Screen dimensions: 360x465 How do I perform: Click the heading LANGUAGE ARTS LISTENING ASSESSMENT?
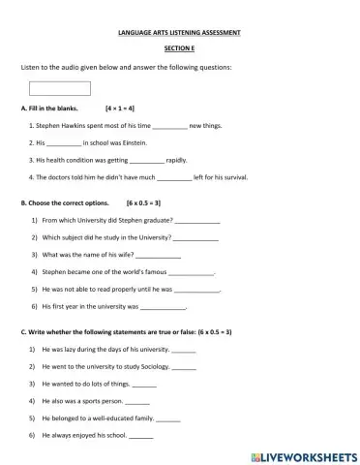click(180, 32)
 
